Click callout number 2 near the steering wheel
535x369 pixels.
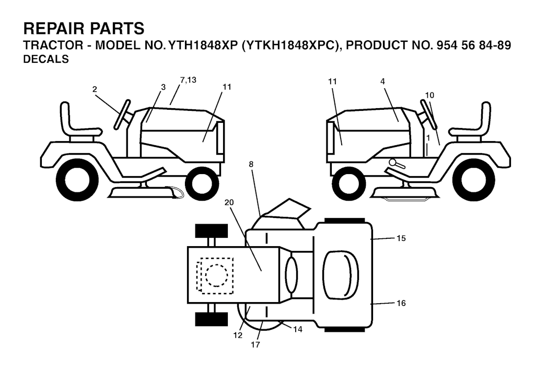pos(95,89)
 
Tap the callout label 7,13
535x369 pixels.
pos(188,80)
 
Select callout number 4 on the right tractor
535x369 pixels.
pos(382,81)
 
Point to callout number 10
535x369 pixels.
pos(429,95)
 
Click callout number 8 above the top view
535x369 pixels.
pos(251,164)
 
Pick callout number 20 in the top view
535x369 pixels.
pos(229,202)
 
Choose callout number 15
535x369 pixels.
pos(401,238)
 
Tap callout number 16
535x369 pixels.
pos(401,303)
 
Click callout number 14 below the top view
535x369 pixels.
pos(297,329)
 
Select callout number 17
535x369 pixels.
pos(255,345)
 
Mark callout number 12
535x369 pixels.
pos(238,335)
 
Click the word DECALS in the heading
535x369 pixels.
pos(46,59)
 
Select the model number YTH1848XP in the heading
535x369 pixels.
pos(200,45)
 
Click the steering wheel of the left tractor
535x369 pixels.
pos(122,114)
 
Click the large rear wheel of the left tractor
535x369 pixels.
pos(75,184)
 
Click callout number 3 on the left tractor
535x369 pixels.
pos(163,87)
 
